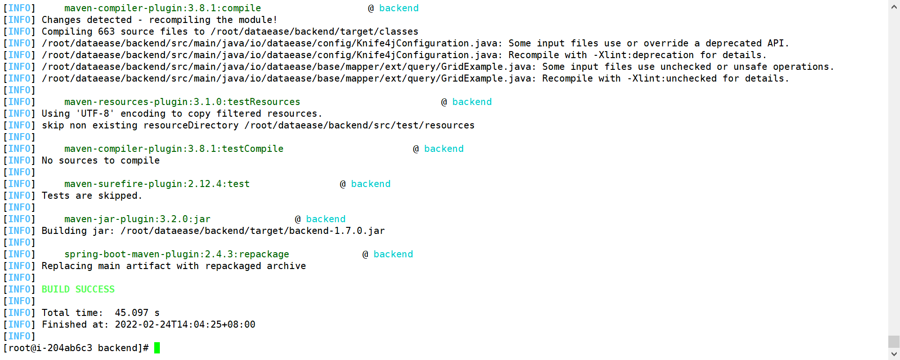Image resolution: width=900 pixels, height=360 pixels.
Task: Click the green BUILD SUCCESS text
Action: tap(78, 289)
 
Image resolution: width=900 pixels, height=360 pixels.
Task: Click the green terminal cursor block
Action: tap(157, 348)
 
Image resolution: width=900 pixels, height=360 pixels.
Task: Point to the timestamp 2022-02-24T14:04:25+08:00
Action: tap(185, 324)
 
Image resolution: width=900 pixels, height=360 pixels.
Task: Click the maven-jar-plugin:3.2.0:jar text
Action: tap(137, 219)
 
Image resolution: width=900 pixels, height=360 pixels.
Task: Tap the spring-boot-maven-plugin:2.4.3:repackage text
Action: tap(177, 254)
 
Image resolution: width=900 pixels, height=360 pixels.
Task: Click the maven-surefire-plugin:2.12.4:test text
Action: tap(157, 184)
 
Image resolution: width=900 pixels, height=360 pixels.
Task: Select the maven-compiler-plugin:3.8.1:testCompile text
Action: tap(174, 149)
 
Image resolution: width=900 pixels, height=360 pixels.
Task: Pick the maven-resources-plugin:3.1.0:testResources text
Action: tap(182, 102)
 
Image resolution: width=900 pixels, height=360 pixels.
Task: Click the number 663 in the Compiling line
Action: tap(106, 31)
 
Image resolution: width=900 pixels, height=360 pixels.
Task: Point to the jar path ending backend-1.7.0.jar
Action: tap(253, 231)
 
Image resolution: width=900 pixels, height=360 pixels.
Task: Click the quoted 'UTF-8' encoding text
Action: tap(95, 113)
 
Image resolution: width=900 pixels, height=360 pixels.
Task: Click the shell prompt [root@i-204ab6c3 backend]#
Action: tap(76, 348)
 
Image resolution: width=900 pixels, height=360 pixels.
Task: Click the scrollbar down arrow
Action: tap(894, 354)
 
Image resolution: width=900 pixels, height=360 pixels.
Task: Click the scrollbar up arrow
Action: tap(894, 6)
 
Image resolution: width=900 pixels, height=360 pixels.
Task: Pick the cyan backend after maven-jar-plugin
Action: tap(326, 219)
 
